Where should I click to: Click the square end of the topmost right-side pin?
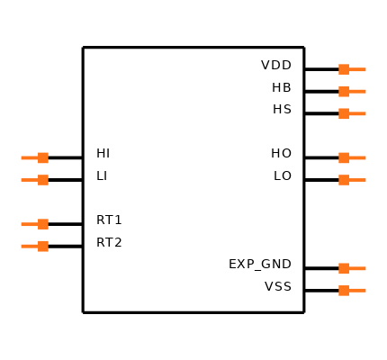pyautogui.click(x=344, y=69)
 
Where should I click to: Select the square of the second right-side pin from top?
pyautogui.click(x=344, y=91)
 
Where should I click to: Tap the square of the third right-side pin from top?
pyautogui.click(x=344, y=113)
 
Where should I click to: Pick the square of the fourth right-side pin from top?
pyautogui.click(x=344, y=157)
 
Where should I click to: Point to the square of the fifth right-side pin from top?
pyautogui.click(x=344, y=180)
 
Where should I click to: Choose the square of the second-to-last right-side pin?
pyautogui.click(x=344, y=268)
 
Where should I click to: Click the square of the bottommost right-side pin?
pyautogui.click(x=344, y=291)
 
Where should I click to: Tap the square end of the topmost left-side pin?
pyautogui.click(x=43, y=157)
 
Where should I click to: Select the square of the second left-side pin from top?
pyautogui.click(x=43, y=180)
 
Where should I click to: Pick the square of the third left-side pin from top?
pyautogui.click(x=43, y=224)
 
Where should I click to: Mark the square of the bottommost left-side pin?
pyautogui.click(x=43, y=246)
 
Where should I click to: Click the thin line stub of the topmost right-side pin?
pyautogui.click(x=358, y=69)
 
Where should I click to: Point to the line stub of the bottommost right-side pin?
pyautogui.click(x=358, y=291)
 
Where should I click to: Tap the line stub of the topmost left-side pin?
pyautogui.click(x=29, y=157)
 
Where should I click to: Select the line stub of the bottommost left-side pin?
pyautogui.click(x=29, y=246)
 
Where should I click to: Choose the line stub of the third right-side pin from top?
pyautogui.click(x=358, y=113)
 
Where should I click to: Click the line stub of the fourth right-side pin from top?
pyautogui.click(x=358, y=157)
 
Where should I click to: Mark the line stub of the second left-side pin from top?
pyautogui.click(x=29, y=180)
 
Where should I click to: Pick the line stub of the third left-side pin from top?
pyautogui.click(x=29, y=224)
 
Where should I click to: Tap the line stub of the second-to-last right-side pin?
pyautogui.click(x=358, y=268)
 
